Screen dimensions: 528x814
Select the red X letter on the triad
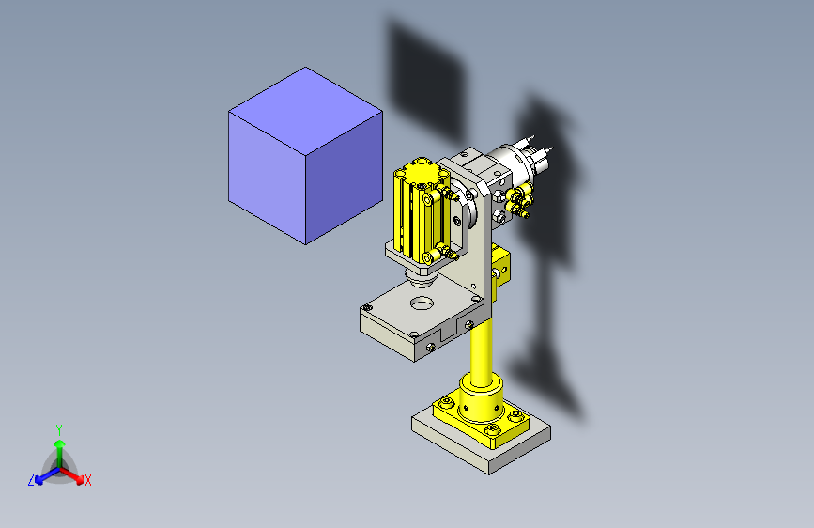(88, 480)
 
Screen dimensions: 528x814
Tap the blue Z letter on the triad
(31, 479)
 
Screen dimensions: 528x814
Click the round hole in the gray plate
(422, 303)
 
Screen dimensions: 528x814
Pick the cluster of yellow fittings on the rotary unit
(515, 199)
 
